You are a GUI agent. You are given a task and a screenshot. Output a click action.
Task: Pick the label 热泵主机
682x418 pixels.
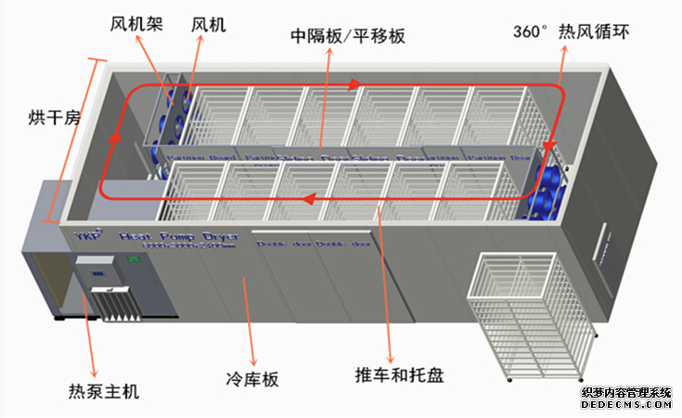[x=104, y=391]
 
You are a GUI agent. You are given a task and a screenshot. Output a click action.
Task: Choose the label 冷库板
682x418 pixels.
[x=252, y=379]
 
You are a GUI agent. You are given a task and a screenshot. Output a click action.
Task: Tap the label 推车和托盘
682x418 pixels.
[x=399, y=375]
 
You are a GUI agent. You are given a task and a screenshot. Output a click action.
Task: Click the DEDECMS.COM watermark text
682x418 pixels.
[x=624, y=406]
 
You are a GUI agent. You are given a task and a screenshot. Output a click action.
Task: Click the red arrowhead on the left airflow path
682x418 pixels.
[x=114, y=139]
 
